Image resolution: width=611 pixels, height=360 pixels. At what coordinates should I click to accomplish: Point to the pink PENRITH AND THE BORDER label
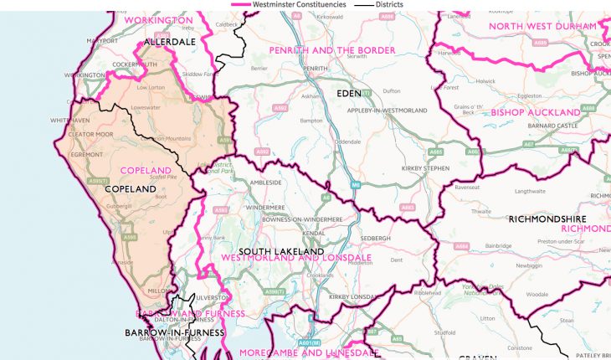click(331, 51)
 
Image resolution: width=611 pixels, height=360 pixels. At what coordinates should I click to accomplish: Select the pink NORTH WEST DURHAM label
click(535, 26)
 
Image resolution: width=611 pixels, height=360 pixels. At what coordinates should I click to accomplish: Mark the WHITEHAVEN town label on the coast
click(69, 121)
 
